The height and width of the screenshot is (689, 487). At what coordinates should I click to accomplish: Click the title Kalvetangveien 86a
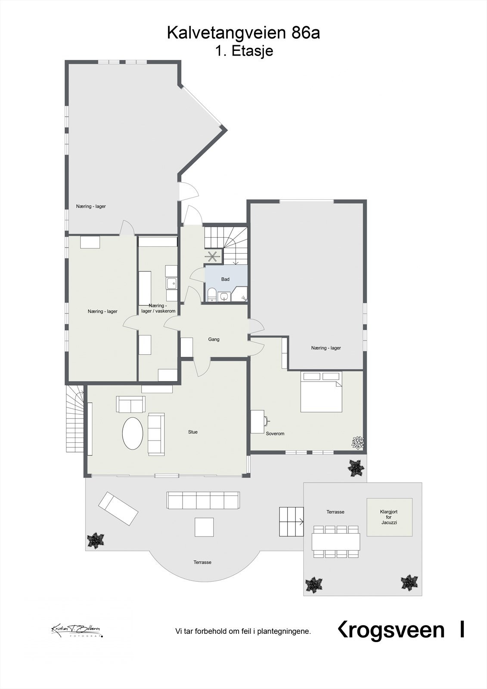[x=243, y=33]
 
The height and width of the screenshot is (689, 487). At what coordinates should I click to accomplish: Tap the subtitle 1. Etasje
[x=244, y=51]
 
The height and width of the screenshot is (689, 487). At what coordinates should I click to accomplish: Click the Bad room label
[x=225, y=279]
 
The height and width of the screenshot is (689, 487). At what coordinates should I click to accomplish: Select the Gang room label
[x=214, y=339]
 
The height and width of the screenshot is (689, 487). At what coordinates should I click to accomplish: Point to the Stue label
[x=192, y=432]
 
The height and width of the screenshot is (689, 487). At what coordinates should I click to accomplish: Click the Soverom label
[x=275, y=434]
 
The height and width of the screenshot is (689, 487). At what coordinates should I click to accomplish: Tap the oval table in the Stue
[x=133, y=433]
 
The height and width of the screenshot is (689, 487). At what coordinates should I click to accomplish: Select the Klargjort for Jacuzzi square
[x=389, y=517]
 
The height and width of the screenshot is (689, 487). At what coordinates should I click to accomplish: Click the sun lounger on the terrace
[x=118, y=509]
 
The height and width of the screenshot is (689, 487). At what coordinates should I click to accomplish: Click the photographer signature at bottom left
[x=76, y=630]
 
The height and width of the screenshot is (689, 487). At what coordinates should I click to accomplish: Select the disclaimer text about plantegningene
[x=243, y=632]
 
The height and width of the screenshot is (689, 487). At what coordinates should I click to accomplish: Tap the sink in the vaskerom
[x=172, y=283]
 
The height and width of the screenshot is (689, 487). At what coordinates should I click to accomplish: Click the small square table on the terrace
[x=204, y=527]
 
